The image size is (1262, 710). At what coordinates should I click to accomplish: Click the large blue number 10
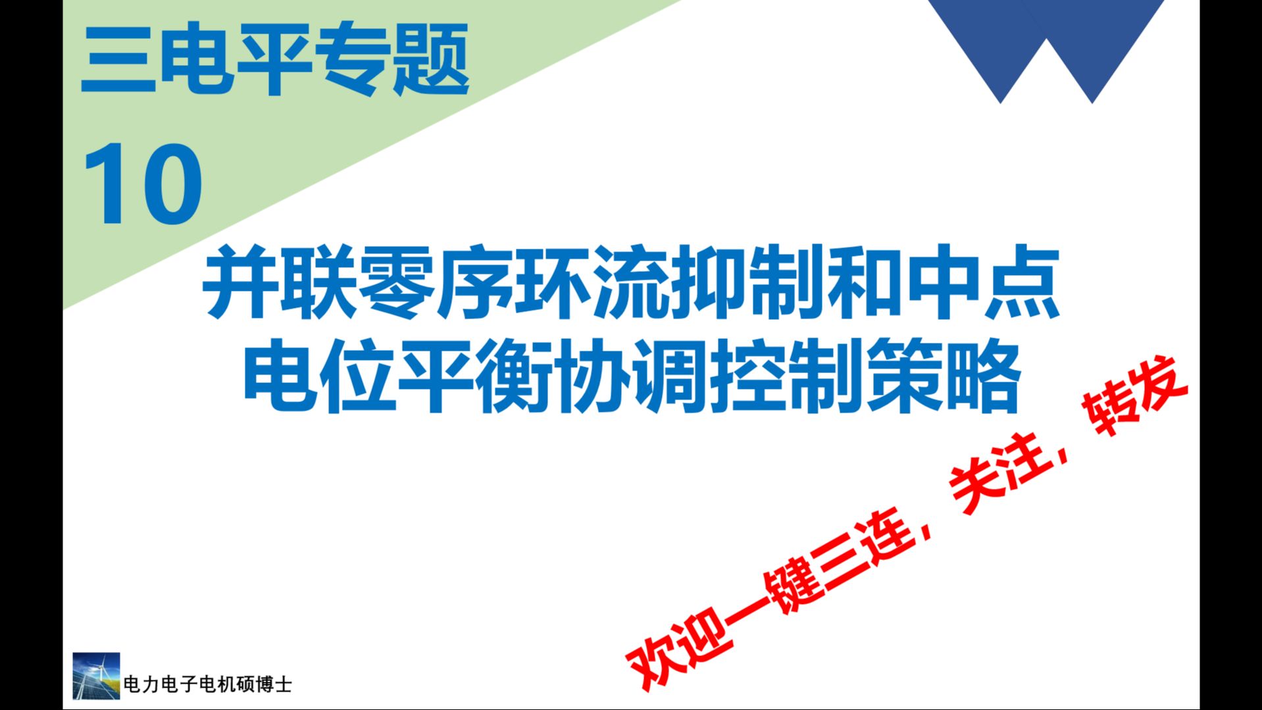(x=143, y=184)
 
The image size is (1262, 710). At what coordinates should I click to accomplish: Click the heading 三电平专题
(x=274, y=59)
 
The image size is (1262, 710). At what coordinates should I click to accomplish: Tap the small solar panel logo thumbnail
(x=96, y=676)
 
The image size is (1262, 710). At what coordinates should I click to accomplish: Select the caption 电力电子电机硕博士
(x=207, y=685)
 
